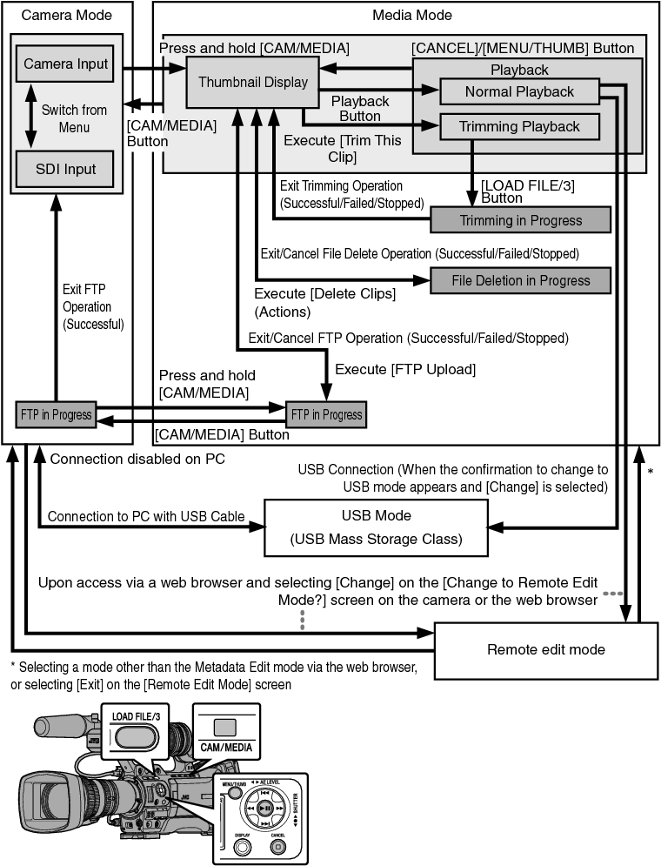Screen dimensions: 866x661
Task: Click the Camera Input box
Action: click(66, 64)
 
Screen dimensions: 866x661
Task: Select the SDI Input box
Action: click(66, 169)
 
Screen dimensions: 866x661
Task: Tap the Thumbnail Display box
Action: click(253, 83)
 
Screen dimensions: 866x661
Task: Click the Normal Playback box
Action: click(519, 91)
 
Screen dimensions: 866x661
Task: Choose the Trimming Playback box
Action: click(519, 126)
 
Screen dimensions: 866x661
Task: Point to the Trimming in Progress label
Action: click(520, 220)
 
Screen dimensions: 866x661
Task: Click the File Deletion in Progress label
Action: click(520, 280)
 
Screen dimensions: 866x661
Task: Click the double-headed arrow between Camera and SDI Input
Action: click(31, 116)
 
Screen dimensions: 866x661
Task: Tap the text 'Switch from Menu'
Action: click(75, 118)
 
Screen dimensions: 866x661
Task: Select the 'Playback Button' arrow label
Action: click(360, 109)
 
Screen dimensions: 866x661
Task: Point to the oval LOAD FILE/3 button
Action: click(135, 736)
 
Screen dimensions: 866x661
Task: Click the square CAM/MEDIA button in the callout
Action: click(225, 728)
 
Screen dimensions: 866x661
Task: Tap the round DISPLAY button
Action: click(242, 846)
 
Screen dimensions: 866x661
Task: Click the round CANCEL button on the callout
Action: click(278, 846)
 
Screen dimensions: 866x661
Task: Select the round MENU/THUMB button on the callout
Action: click(236, 794)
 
